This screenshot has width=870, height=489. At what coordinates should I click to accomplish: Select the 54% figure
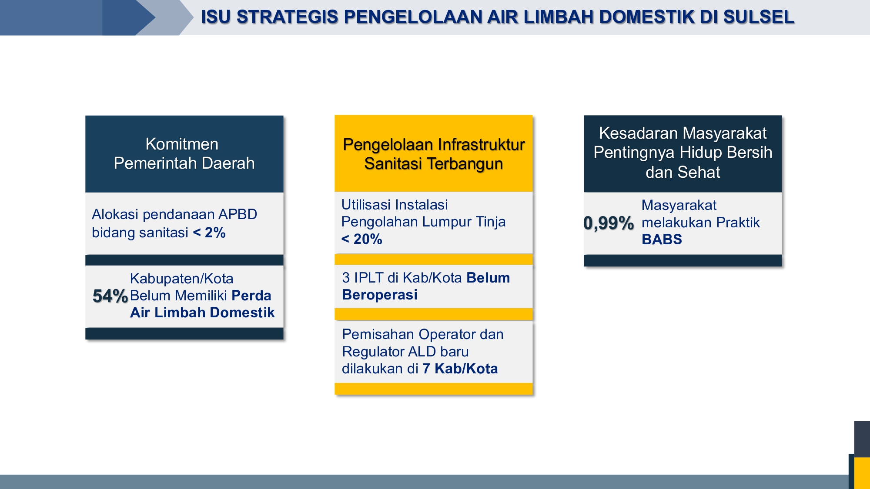pyautogui.click(x=110, y=296)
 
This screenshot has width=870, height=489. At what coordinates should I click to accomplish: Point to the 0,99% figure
pyautogui.click(x=609, y=223)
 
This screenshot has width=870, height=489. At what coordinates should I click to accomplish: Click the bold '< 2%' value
pyautogui.click(x=209, y=233)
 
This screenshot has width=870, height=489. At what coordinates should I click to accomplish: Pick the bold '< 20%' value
pyautogui.click(x=361, y=239)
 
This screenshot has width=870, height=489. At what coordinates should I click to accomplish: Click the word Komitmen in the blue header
pyautogui.click(x=182, y=144)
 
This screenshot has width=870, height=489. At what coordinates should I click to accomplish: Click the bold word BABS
pyautogui.click(x=662, y=240)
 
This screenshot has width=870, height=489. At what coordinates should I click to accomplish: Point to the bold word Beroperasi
pyautogui.click(x=380, y=295)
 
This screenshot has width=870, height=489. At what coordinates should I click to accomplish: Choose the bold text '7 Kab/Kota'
pyautogui.click(x=460, y=369)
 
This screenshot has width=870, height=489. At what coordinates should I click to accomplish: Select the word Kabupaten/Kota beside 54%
pyautogui.click(x=181, y=279)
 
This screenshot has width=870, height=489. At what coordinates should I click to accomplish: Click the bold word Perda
pyautogui.click(x=251, y=296)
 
